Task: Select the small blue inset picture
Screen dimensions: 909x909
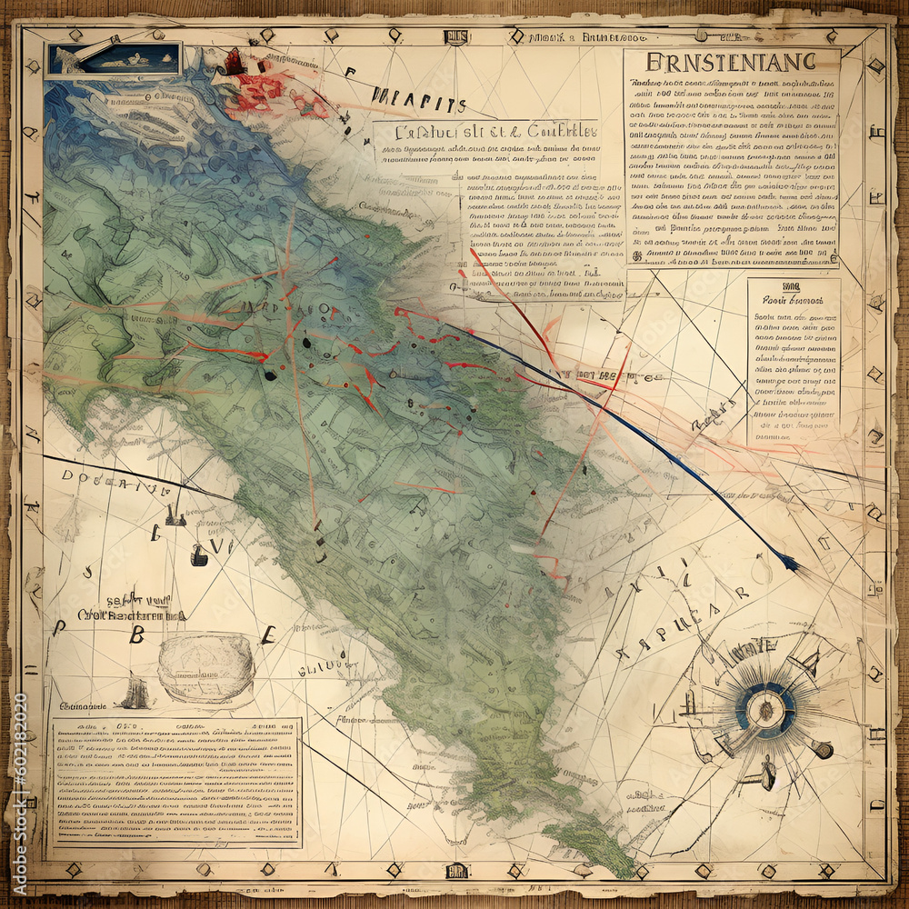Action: click(x=115, y=59)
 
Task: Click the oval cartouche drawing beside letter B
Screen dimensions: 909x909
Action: click(x=205, y=669)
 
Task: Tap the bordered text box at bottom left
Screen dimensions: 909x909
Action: click(x=175, y=782)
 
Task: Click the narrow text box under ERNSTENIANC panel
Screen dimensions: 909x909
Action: click(x=793, y=362)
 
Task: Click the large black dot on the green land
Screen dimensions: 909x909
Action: click(x=269, y=374)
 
